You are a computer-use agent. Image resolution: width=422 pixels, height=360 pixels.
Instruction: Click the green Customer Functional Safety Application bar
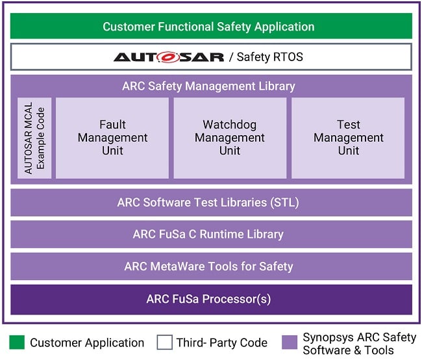(x=208, y=27)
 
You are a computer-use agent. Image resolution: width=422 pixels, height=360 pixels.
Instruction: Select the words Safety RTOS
(x=270, y=57)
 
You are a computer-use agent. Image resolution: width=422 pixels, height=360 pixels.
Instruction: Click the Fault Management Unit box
(x=112, y=137)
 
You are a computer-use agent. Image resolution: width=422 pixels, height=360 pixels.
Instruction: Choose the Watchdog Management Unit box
(x=229, y=137)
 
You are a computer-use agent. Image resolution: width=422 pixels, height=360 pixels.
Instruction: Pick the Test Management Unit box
(x=348, y=137)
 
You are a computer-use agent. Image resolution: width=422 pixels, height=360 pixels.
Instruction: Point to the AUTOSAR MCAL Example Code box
(x=35, y=138)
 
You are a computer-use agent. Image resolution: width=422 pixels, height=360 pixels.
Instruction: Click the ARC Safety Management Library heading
(x=208, y=86)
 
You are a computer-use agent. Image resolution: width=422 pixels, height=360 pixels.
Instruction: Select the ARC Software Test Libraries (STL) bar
(x=208, y=203)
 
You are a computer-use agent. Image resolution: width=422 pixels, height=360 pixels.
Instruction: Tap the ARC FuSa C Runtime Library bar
(x=208, y=234)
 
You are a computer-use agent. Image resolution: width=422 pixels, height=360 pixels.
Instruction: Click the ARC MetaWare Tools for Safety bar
(x=208, y=266)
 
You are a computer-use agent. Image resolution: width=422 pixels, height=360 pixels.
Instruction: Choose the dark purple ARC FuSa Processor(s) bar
(x=208, y=300)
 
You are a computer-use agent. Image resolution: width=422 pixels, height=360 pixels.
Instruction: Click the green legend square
(x=16, y=342)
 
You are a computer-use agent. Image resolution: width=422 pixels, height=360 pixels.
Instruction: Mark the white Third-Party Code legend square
(x=164, y=342)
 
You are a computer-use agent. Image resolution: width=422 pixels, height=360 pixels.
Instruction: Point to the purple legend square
(x=290, y=342)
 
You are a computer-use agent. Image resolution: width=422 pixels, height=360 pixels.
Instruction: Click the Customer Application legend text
(x=87, y=342)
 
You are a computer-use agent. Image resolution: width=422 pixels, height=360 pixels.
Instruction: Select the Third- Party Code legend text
(x=221, y=342)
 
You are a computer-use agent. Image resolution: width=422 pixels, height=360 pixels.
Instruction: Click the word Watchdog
(x=229, y=124)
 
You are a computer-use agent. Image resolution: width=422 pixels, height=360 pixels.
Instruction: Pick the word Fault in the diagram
(x=112, y=124)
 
